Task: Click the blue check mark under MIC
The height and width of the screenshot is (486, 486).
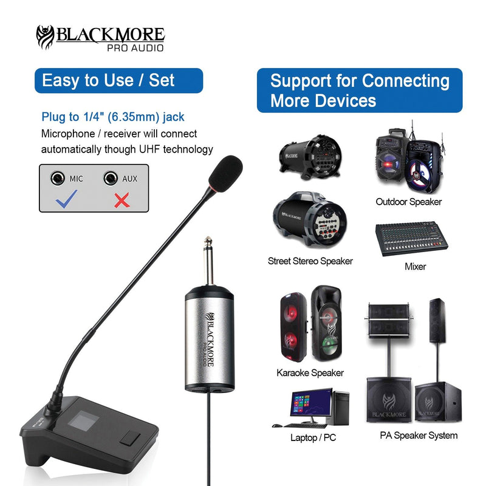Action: (x=66, y=199)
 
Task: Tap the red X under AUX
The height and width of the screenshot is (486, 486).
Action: (x=122, y=200)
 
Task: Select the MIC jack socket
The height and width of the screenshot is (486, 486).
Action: (x=58, y=178)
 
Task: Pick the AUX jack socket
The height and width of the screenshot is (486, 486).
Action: (x=111, y=178)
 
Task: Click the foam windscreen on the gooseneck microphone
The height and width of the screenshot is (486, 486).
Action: (x=225, y=174)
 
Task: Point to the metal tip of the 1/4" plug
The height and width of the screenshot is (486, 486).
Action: (x=208, y=240)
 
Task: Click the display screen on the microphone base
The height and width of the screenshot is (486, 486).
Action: (x=83, y=422)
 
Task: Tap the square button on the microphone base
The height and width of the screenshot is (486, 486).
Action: (x=130, y=439)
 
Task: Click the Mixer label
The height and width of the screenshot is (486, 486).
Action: (x=416, y=267)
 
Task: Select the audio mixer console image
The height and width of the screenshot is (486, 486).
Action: (x=412, y=238)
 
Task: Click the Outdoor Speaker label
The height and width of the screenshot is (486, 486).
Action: (x=408, y=202)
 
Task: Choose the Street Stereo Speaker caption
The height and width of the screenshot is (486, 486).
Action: (x=310, y=261)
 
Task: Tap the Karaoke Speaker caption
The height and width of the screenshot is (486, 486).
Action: (x=310, y=372)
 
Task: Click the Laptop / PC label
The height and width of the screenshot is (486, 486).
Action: (x=313, y=437)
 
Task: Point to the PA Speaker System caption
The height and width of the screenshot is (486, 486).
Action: (x=419, y=436)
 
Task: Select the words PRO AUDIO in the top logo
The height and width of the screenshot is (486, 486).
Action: (x=135, y=48)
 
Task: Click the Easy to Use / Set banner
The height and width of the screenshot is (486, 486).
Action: (x=118, y=81)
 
